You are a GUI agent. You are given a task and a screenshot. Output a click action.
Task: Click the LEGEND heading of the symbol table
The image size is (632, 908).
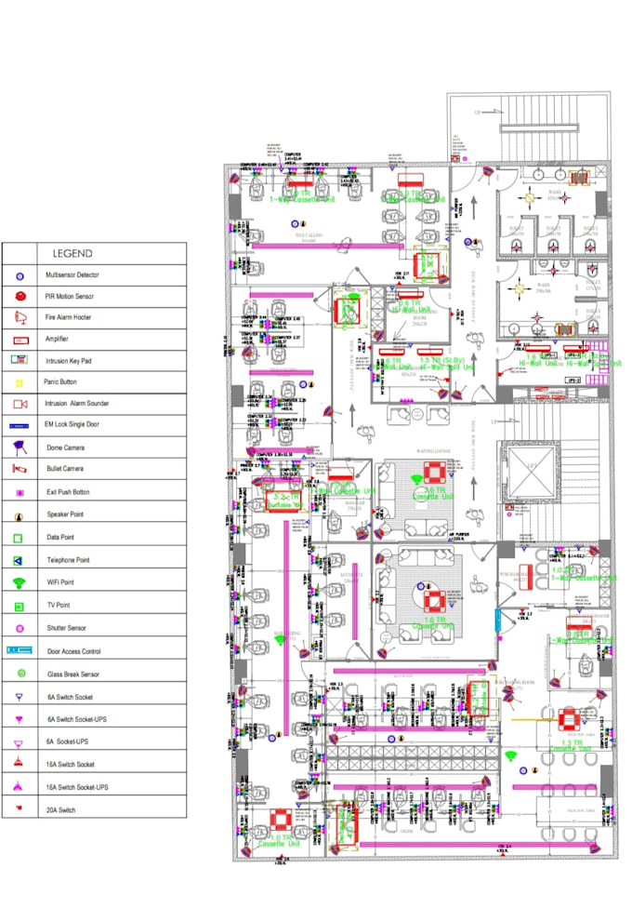pos(72,253)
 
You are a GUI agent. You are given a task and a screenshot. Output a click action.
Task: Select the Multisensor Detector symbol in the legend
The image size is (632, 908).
pos(19,276)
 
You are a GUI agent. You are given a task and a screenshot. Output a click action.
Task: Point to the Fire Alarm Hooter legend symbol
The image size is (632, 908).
pos(19,317)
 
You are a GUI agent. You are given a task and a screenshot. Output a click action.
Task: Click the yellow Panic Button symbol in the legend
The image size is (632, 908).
pos(19,382)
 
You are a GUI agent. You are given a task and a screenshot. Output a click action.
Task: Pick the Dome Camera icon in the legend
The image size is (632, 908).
pos(19,447)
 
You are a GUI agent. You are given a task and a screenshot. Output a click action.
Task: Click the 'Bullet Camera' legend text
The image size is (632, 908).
pos(65,469)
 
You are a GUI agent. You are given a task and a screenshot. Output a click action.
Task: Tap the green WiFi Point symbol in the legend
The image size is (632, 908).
pos(19,583)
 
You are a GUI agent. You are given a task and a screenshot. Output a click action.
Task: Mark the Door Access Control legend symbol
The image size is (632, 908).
pos(19,651)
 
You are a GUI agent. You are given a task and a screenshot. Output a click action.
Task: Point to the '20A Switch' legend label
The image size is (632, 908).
pos(63,810)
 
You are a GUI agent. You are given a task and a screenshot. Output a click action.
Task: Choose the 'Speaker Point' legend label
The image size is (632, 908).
pos(67,514)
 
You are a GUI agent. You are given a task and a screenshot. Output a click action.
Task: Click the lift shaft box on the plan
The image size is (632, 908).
pos(531,475)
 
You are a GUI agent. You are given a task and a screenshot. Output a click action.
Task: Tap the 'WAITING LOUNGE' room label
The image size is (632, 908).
pos(432,450)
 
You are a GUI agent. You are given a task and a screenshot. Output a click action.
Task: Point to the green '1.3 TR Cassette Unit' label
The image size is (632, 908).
pos(570,743)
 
